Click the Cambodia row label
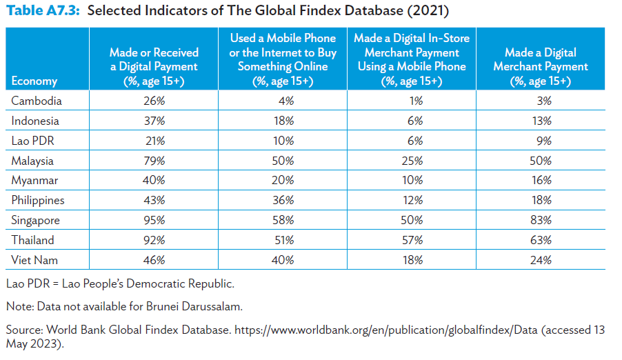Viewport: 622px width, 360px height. click(37, 101)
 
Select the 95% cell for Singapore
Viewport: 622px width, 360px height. click(154, 221)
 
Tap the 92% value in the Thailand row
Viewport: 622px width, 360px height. click(154, 241)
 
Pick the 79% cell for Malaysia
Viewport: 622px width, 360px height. click(154, 161)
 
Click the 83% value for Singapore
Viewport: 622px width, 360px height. click(541, 221)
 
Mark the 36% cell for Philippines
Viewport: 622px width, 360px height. click(283, 201)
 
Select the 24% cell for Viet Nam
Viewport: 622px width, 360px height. click(541, 261)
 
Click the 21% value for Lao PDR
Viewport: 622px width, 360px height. click(154, 141)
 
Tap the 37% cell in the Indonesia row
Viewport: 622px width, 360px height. click(154, 121)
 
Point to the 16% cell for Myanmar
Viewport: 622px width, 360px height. click(541, 181)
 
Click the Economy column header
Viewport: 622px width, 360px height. click(34, 81)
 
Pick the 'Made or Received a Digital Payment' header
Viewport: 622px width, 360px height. click(154, 67)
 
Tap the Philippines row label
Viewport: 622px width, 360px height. click(38, 201)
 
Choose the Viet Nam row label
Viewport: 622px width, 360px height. click(34, 261)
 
